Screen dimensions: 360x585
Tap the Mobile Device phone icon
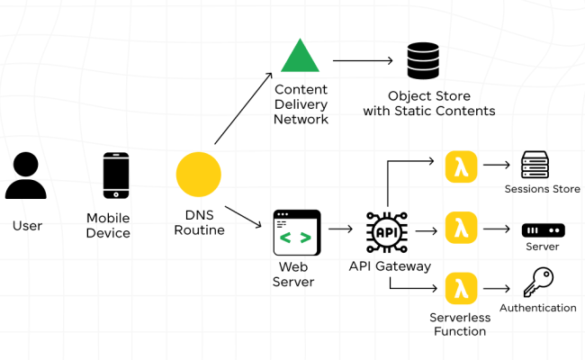[x=115, y=175]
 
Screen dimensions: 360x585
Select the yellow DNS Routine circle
[x=199, y=174]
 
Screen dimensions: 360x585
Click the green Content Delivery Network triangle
[x=300, y=56]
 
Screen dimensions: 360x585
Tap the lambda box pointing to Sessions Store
[x=461, y=166]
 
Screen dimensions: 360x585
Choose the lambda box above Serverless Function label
[x=461, y=288]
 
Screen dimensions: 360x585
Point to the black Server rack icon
[x=543, y=230]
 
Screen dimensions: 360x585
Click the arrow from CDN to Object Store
[x=364, y=60]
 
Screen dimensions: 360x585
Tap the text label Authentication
[x=537, y=308]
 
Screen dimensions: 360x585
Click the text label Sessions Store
[x=542, y=189]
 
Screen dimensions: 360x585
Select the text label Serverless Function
[x=461, y=324]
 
